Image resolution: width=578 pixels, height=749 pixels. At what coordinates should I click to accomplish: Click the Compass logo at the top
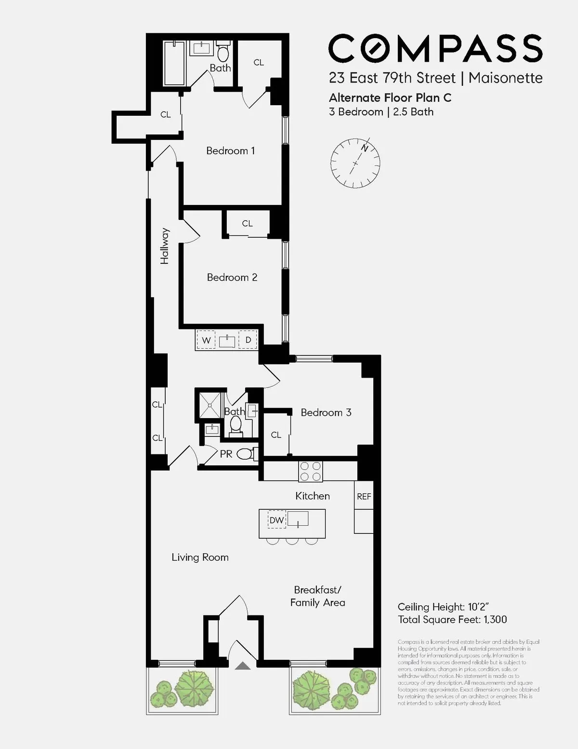[435, 48]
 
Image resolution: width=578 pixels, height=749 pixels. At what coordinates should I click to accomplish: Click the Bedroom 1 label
[230, 151]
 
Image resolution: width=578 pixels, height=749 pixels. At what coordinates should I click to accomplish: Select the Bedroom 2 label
[232, 277]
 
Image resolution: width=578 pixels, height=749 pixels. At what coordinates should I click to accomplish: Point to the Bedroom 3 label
[326, 412]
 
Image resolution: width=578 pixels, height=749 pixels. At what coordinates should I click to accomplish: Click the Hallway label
[165, 246]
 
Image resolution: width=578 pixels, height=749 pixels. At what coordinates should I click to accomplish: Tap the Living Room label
[200, 558]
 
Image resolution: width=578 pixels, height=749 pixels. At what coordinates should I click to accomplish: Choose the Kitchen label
[312, 496]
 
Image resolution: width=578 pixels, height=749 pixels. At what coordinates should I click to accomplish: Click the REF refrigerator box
[364, 496]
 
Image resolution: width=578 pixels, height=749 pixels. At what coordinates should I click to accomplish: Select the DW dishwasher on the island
[276, 520]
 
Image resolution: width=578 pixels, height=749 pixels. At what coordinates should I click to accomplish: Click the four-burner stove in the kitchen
[310, 471]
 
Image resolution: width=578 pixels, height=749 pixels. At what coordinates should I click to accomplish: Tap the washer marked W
[206, 340]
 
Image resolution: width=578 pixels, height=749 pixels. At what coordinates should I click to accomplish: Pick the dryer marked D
[248, 340]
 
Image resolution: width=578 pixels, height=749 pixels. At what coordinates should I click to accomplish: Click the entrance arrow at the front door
[243, 666]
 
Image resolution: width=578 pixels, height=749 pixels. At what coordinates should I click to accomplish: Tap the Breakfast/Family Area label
[317, 596]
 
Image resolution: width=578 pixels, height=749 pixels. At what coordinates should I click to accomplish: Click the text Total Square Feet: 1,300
[452, 620]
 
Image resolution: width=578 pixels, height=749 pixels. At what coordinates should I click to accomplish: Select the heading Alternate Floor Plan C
[390, 98]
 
